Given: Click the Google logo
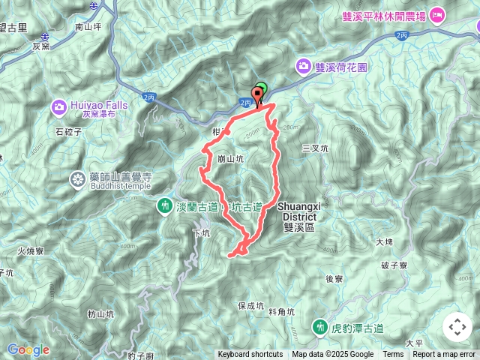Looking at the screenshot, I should click(x=28, y=349).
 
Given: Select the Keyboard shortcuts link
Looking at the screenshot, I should click(x=250, y=355).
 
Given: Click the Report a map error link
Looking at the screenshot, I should click(x=445, y=355).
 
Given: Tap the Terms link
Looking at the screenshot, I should click(x=393, y=355).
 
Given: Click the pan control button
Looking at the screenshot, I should click(x=457, y=327).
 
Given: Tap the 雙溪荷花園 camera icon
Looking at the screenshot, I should click(x=304, y=66).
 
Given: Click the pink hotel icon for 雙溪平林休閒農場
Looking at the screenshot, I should click(x=436, y=14).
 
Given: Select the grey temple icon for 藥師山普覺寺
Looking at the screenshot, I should click(x=78, y=178).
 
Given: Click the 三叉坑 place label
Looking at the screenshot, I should click(x=315, y=148).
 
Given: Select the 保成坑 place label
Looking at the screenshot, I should click(x=250, y=306).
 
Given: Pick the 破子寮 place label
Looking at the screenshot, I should click(x=393, y=265).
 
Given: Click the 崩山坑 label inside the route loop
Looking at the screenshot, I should click(x=229, y=159).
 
